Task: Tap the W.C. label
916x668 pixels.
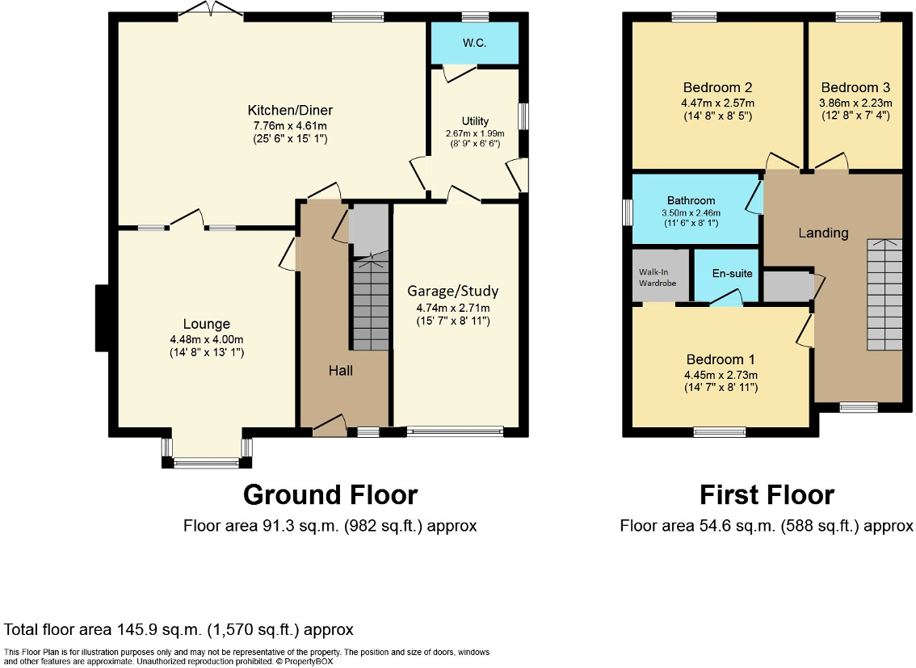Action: coord(474,43)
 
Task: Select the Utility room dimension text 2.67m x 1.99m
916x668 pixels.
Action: coord(474,133)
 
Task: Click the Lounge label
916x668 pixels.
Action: coord(206,324)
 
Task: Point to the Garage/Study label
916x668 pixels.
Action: coord(452,291)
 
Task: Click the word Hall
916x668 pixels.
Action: coord(340,370)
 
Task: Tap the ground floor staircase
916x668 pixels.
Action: coord(371,304)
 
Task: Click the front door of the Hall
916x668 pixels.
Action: coord(330,426)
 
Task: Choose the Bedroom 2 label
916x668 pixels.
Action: coord(717,87)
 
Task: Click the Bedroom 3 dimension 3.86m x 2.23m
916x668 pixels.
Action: coord(855,103)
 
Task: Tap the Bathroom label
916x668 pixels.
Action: coord(691,200)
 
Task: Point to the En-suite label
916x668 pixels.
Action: coord(732,273)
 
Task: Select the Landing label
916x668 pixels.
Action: coord(823,233)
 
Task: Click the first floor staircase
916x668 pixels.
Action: coord(884,295)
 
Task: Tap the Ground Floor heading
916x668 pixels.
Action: coord(330,494)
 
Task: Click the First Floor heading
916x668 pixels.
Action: coord(767,494)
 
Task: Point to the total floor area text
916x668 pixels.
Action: coord(179,629)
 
